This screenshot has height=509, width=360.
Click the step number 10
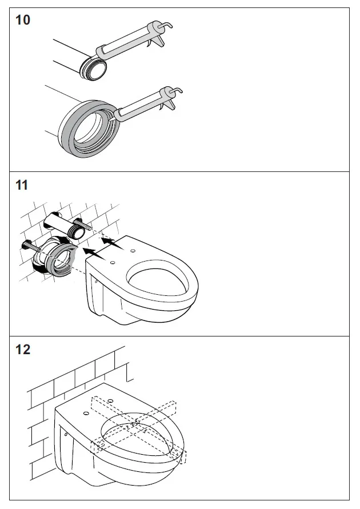(23, 20)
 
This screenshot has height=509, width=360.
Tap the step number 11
(22, 185)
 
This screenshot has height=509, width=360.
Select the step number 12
(23, 350)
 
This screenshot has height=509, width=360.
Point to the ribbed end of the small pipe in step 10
(93, 69)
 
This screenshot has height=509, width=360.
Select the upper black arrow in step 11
(113, 242)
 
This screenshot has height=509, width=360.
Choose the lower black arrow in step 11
(94, 253)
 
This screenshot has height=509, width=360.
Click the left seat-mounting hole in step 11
(113, 262)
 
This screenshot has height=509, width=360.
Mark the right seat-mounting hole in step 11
(133, 251)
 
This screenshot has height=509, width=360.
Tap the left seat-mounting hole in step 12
(86, 413)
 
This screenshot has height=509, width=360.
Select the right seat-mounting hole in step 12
(110, 401)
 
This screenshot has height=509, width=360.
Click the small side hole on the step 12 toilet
(66, 434)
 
